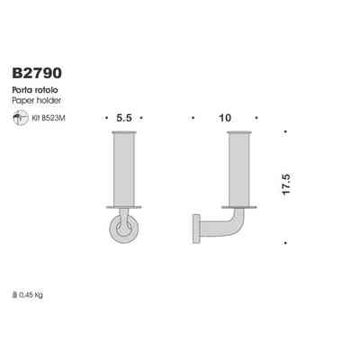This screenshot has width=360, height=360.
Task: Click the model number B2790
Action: [38, 69]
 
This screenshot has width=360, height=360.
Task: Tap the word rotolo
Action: [48, 90]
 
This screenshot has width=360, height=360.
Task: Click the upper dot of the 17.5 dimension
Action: [285, 133]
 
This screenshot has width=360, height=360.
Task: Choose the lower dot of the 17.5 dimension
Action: [285, 241]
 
